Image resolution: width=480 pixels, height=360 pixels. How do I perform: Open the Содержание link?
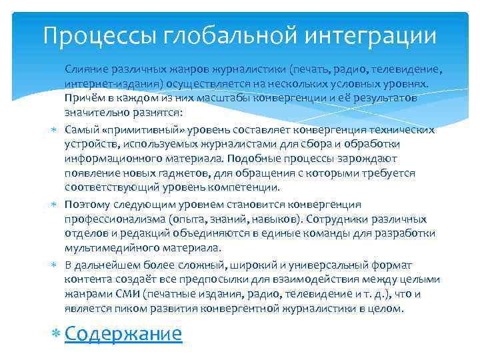click(x=123, y=333)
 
